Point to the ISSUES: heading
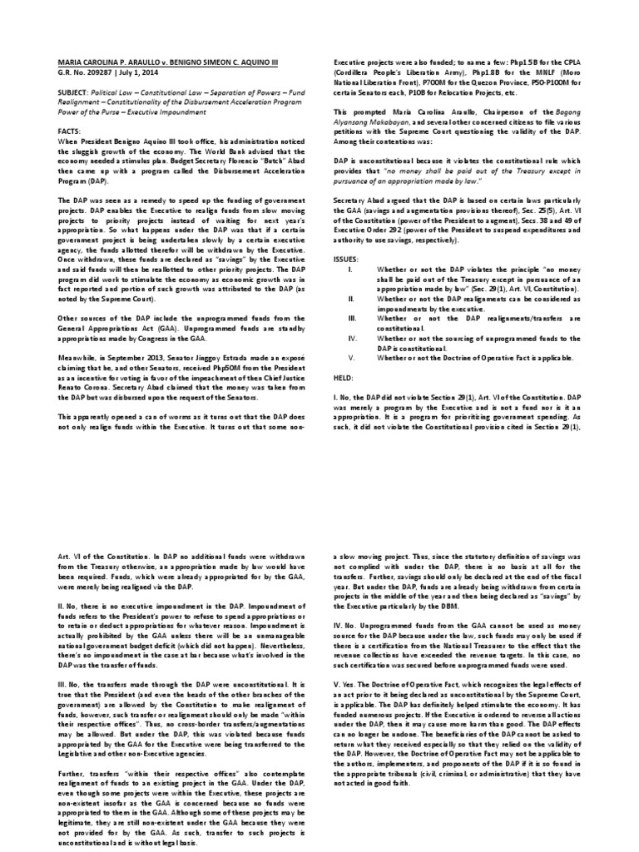[346, 259]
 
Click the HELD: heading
[343, 378]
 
